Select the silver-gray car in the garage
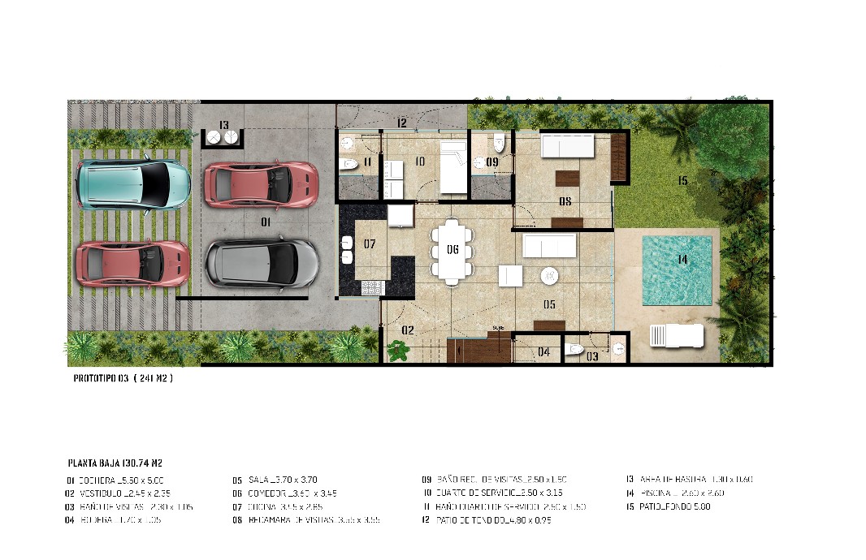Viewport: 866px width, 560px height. [262, 263]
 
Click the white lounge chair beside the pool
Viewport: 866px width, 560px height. [676, 334]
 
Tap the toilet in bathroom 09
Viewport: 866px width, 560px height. [498, 145]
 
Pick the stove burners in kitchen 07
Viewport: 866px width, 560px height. [371, 287]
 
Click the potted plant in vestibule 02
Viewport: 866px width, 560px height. [398, 351]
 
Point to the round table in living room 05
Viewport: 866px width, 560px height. [550, 276]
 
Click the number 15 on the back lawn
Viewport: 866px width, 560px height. [682, 181]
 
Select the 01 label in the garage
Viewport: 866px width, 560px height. [265, 222]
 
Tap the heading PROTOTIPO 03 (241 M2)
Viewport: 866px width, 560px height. [123, 378]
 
